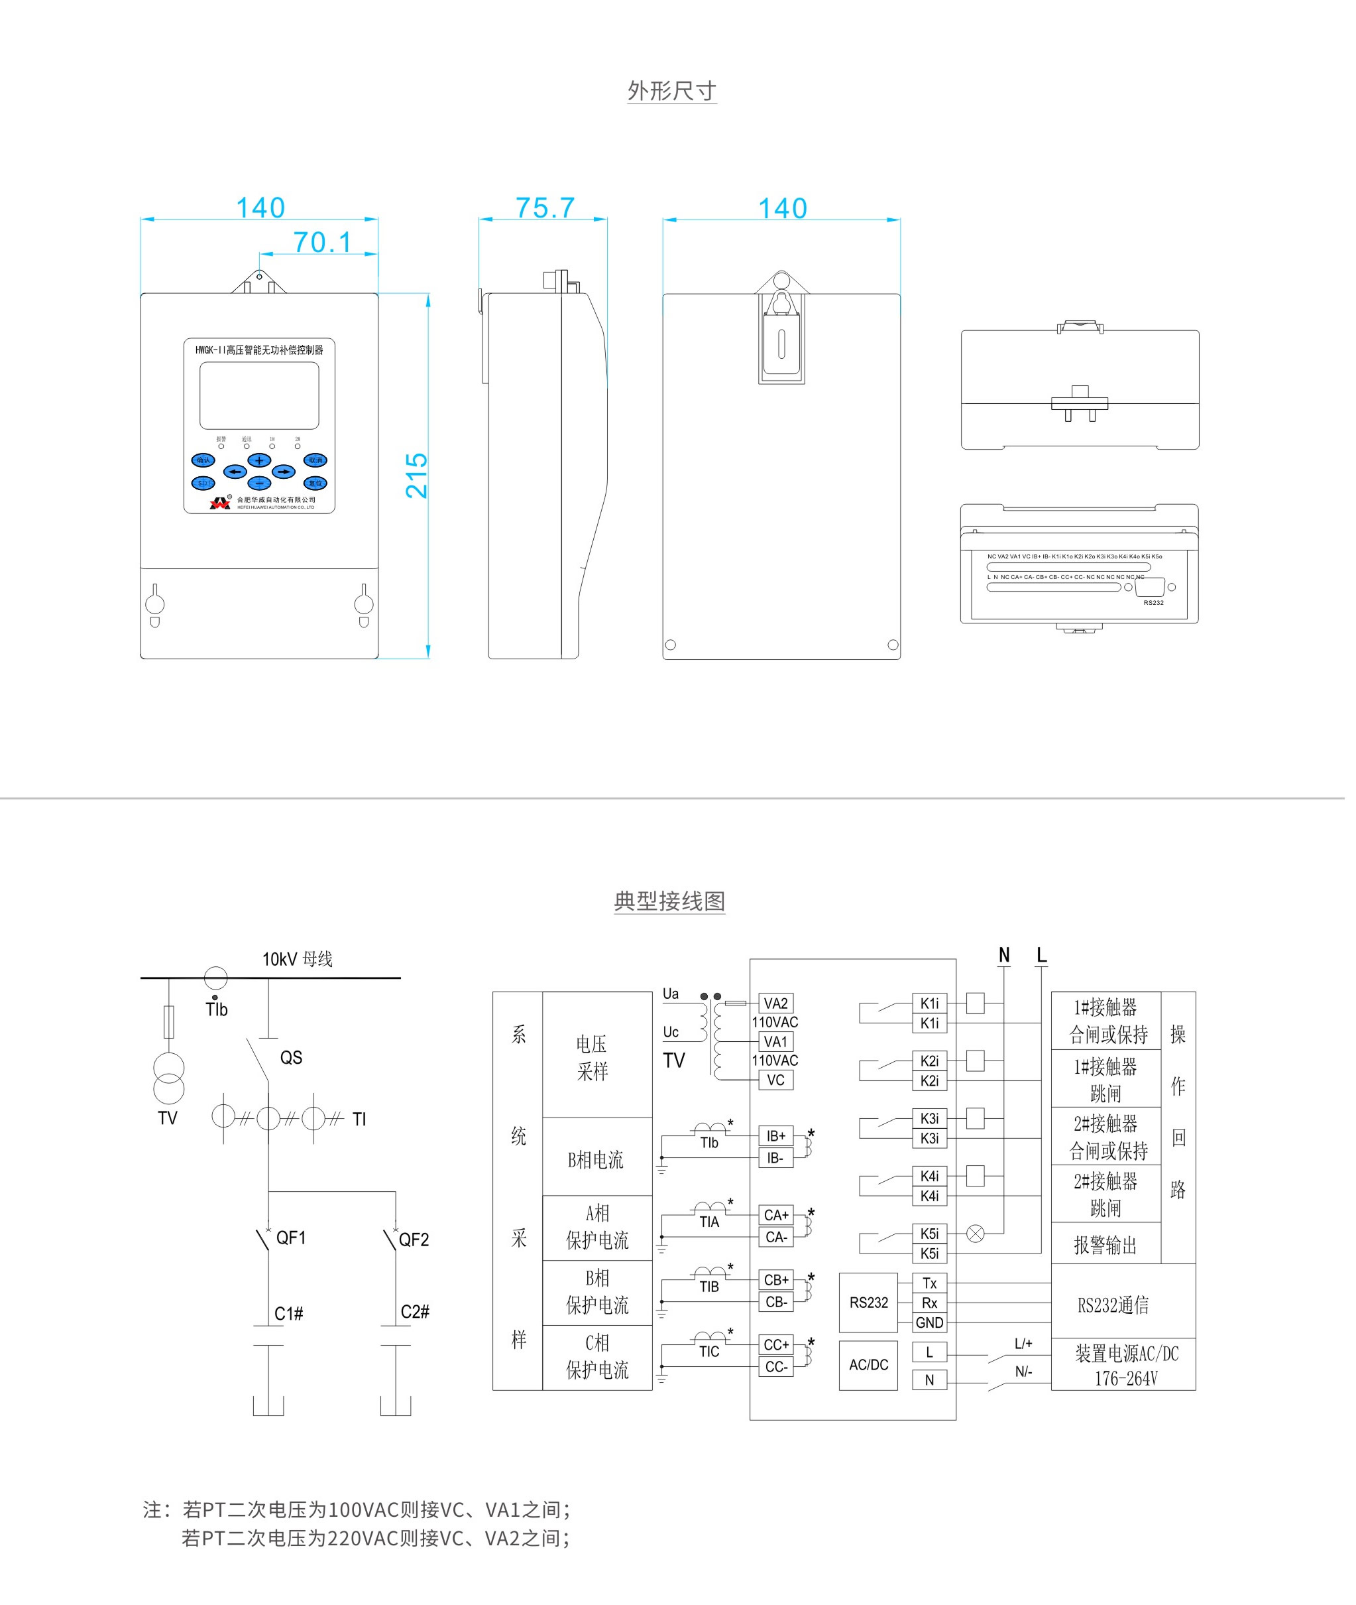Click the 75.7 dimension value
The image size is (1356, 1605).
(x=545, y=208)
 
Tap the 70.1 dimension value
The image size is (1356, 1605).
(x=322, y=242)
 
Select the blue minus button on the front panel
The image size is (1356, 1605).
(x=259, y=483)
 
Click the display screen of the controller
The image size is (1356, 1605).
(x=259, y=395)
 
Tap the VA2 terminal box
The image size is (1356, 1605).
(x=775, y=1003)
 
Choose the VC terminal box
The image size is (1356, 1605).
(x=775, y=1080)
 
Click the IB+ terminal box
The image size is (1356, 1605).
(x=775, y=1136)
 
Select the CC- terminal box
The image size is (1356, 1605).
(x=775, y=1367)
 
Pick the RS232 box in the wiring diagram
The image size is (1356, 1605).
(x=868, y=1303)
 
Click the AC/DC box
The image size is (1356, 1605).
(x=868, y=1365)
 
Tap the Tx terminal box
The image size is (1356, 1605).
(x=929, y=1283)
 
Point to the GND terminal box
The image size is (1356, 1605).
(x=929, y=1322)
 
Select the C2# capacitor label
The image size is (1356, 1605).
(x=415, y=1311)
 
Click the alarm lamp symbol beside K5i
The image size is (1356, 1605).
(x=975, y=1234)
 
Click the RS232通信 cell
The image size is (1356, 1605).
(x=1113, y=1305)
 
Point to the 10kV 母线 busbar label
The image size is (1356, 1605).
(x=298, y=959)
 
